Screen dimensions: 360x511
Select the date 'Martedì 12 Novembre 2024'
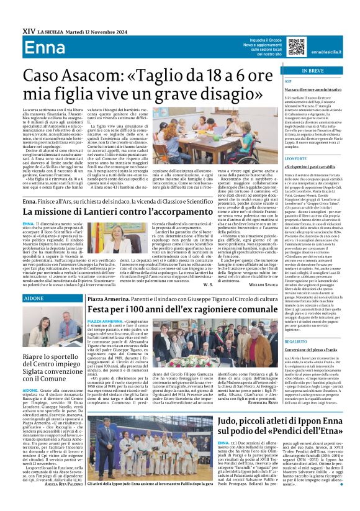tap(89, 30)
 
